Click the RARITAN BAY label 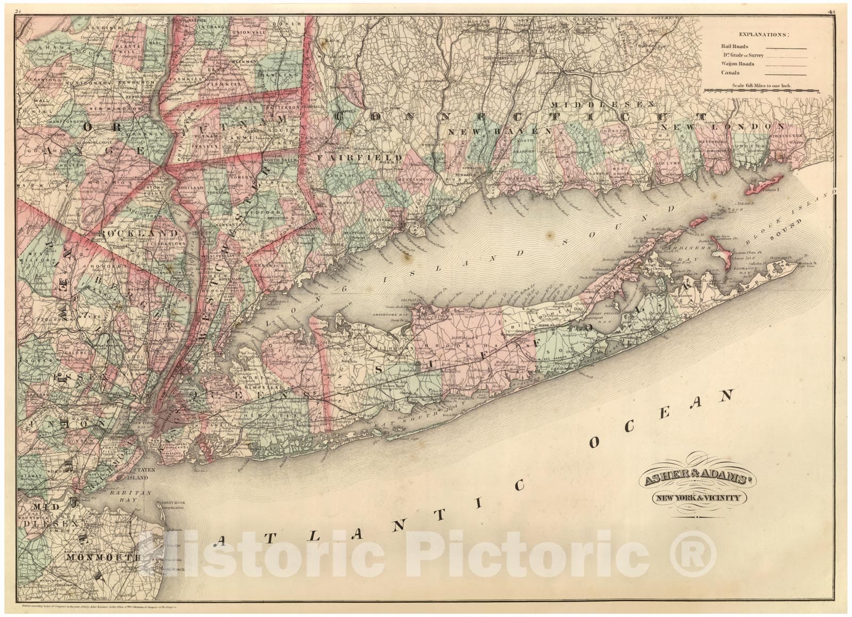134,494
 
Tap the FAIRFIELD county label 368,158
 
